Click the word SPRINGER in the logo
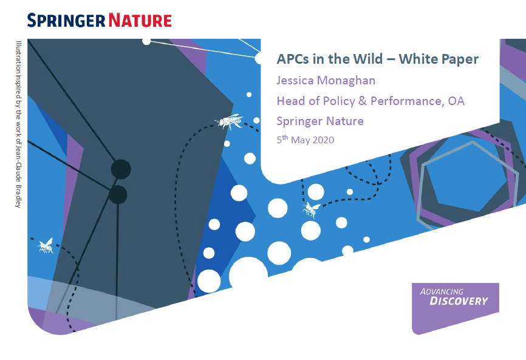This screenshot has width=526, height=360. click(66, 20)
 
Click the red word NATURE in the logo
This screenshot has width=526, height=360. click(140, 20)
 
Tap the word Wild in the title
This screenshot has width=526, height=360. click(369, 59)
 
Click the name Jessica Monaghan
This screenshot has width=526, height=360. click(326, 80)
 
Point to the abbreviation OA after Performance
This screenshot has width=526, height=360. click(456, 100)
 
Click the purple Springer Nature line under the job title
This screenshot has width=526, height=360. click(320, 120)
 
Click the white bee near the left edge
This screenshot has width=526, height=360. click(46, 245)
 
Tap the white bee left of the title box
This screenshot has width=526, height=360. click(230, 121)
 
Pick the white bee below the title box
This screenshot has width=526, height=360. click(312, 209)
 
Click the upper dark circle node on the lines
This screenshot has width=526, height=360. click(121, 169)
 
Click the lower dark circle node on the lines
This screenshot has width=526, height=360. click(118, 195)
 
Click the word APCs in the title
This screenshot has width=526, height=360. click(293, 59)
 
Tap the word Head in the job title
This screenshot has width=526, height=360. click(290, 100)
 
